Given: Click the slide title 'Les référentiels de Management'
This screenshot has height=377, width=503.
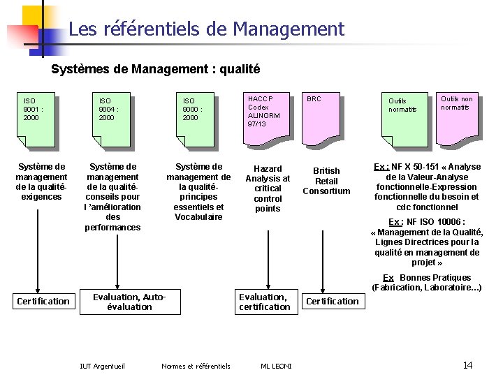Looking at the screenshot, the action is tap(207, 29).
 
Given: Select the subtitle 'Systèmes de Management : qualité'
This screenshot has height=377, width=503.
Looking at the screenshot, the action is tap(156, 69).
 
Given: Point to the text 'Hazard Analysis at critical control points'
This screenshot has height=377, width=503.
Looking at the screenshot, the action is tap(268, 188).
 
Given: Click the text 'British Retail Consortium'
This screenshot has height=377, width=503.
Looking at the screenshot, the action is tap(326, 181).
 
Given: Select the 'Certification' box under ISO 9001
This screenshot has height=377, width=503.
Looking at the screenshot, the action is tap(43, 301).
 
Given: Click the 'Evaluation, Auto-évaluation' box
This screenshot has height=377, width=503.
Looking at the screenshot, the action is tap(130, 302).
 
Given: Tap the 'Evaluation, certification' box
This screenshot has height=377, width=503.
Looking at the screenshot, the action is tap(264, 302).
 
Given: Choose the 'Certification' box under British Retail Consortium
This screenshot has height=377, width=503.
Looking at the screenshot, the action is tap(333, 301).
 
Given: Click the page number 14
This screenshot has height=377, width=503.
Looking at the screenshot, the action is tap(468, 365).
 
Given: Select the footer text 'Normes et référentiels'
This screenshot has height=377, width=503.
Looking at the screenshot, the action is tap(196, 366).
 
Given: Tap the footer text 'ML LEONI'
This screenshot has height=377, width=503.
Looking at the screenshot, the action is tap(276, 366).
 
